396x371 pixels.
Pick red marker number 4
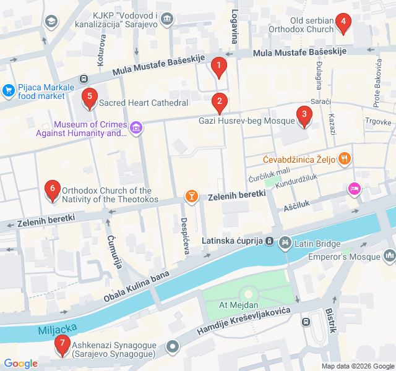coord(343,23)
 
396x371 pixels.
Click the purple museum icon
coord(136,129)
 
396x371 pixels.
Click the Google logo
coord(21,364)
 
